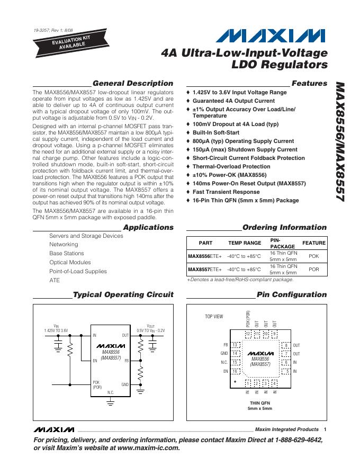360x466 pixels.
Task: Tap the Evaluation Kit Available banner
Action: click(64, 42)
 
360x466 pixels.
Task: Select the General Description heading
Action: click(133, 83)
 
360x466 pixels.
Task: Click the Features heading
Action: click(309, 83)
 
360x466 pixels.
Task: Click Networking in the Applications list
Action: click(64, 245)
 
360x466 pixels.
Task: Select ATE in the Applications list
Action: click(55, 280)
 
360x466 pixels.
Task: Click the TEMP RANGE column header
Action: click(245, 243)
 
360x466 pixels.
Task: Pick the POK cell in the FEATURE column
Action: click(313, 256)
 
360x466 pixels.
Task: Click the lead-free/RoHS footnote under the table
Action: click(240, 280)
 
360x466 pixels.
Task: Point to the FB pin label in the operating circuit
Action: click(127, 360)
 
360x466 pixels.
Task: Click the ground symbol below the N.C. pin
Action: click(111, 403)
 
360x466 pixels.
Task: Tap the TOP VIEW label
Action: click(214, 317)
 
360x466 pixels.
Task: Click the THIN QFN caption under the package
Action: click(260, 403)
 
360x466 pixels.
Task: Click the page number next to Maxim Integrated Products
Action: click(325, 429)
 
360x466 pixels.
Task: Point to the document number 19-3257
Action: click(42, 30)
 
